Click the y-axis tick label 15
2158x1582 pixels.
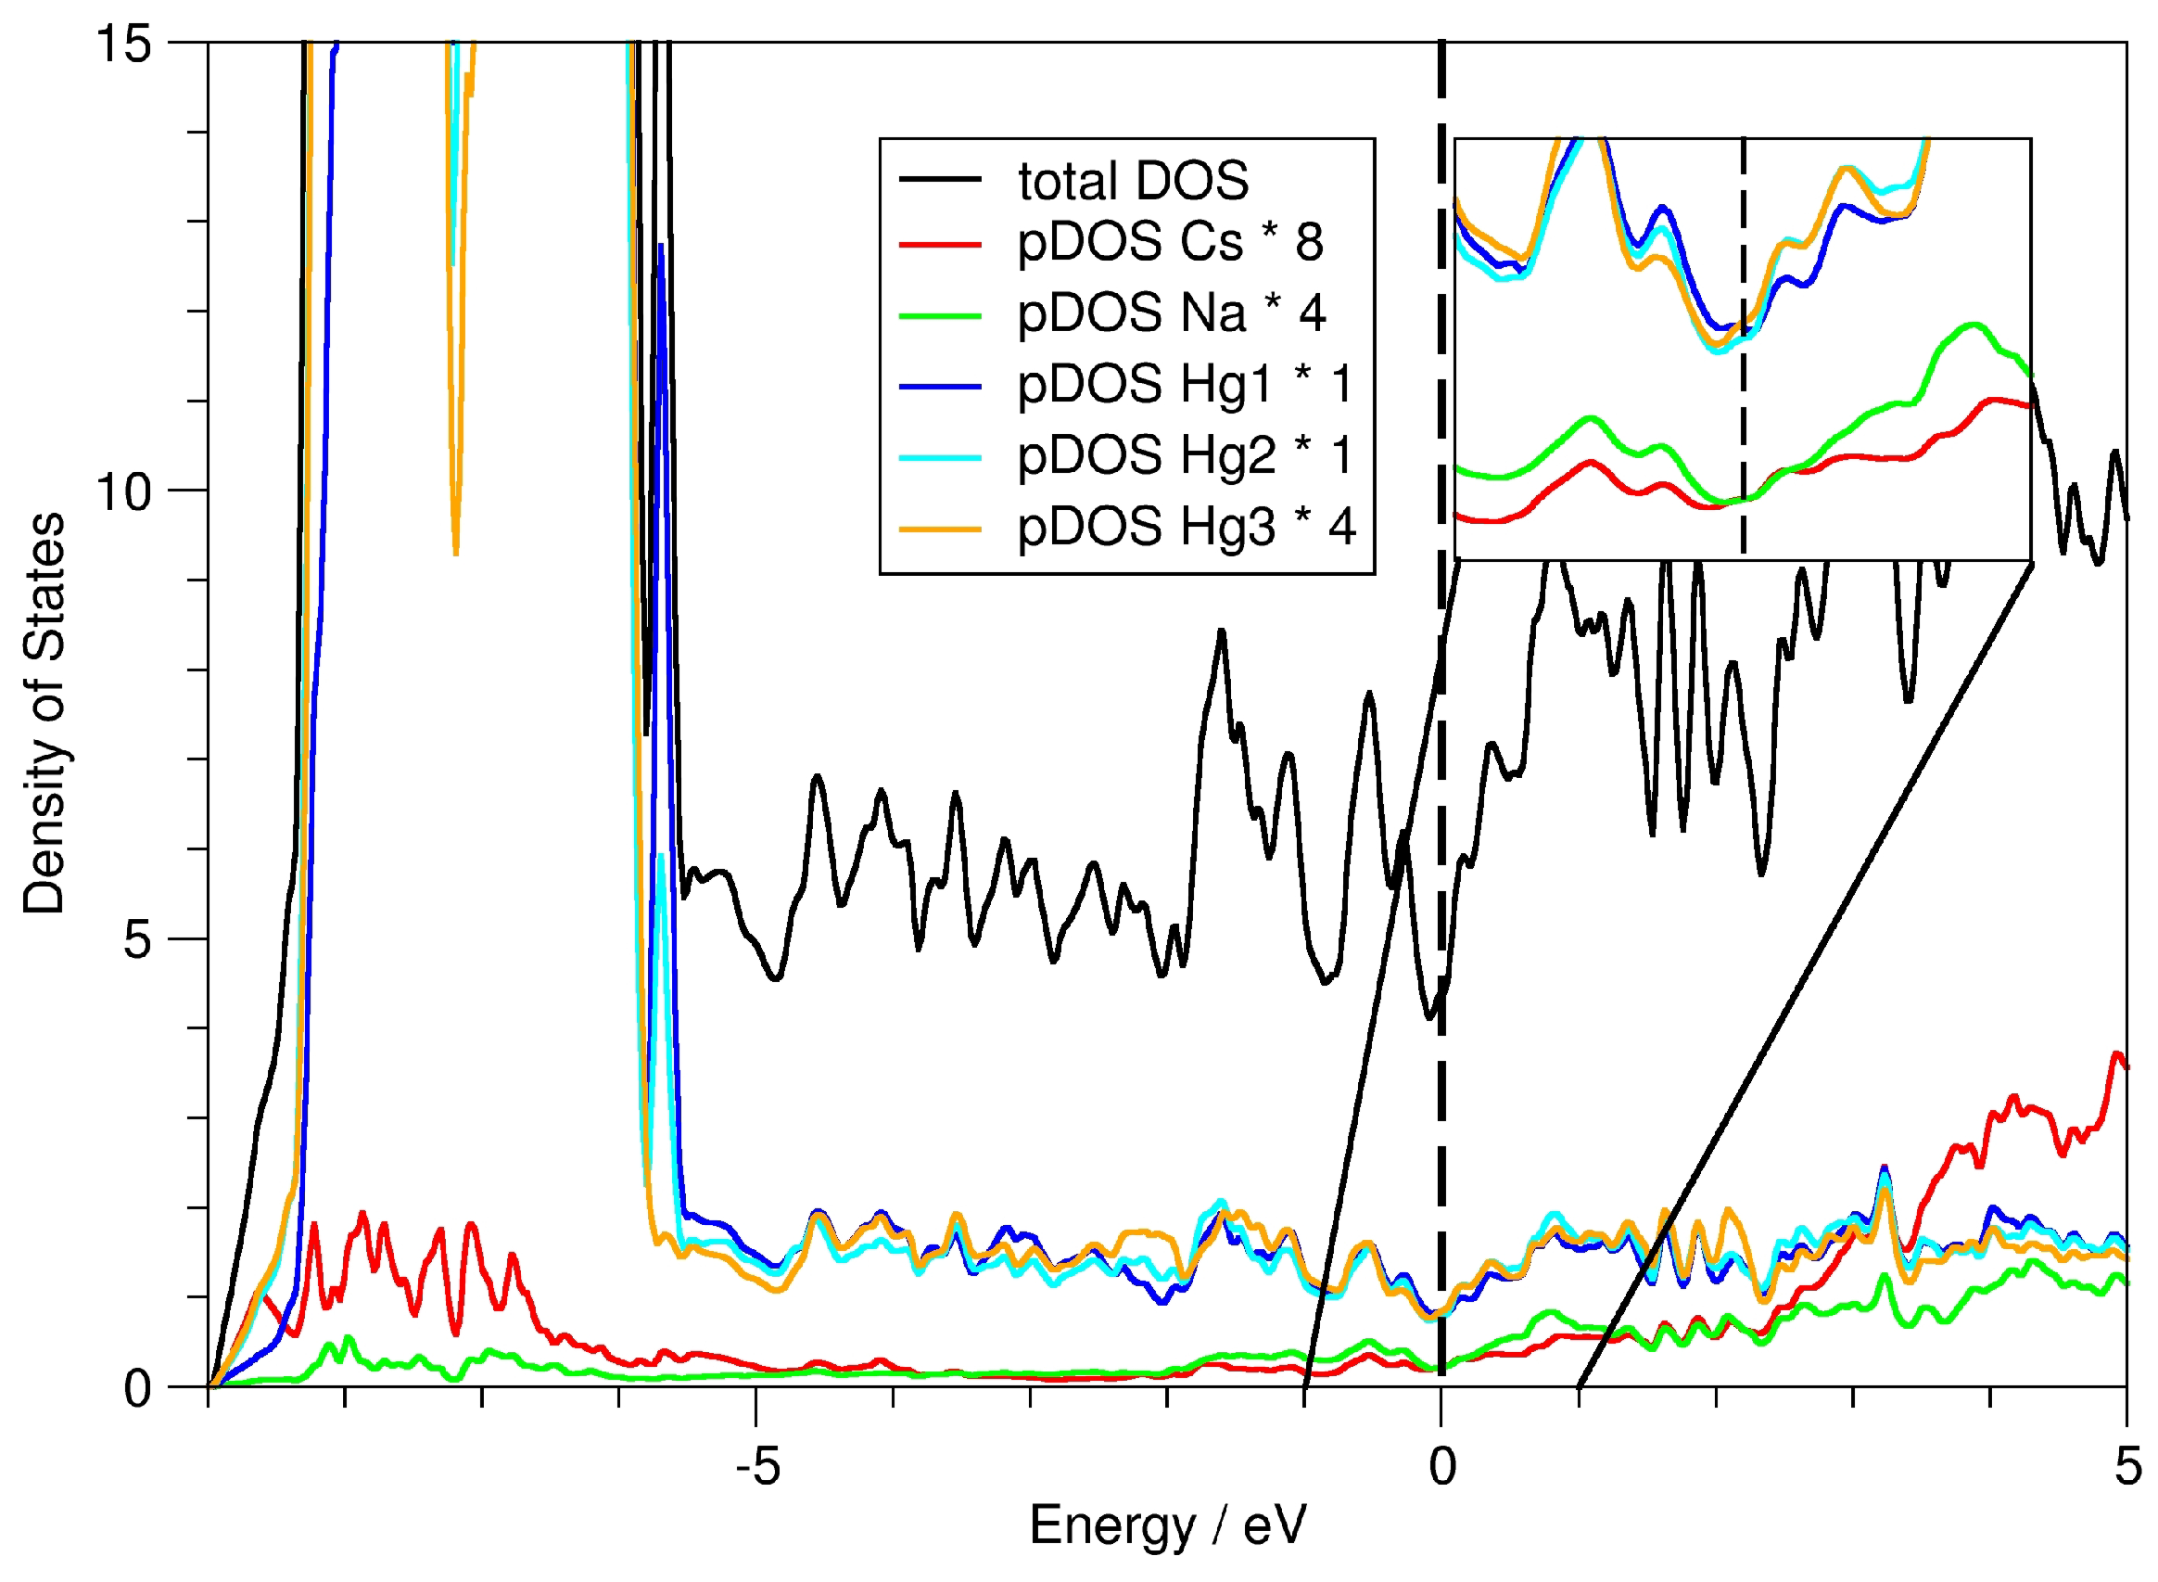tap(124, 45)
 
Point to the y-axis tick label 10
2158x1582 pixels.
tap(124, 492)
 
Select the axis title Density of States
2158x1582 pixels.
tap(44, 714)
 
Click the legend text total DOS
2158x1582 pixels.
tap(1133, 181)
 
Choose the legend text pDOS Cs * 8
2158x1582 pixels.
tap(1169, 241)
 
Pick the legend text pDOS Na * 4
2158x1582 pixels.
tap(1171, 313)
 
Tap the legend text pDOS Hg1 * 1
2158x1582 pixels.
tap(1185, 384)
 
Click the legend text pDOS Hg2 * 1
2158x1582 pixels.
tap(1185, 455)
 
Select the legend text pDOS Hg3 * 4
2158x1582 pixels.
tap(1187, 527)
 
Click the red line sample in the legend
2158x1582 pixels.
tap(940, 245)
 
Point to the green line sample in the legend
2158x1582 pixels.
tap(940, 316)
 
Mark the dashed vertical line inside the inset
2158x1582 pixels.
tap(1744, 383)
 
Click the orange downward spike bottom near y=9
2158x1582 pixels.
tap(456, 552)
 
